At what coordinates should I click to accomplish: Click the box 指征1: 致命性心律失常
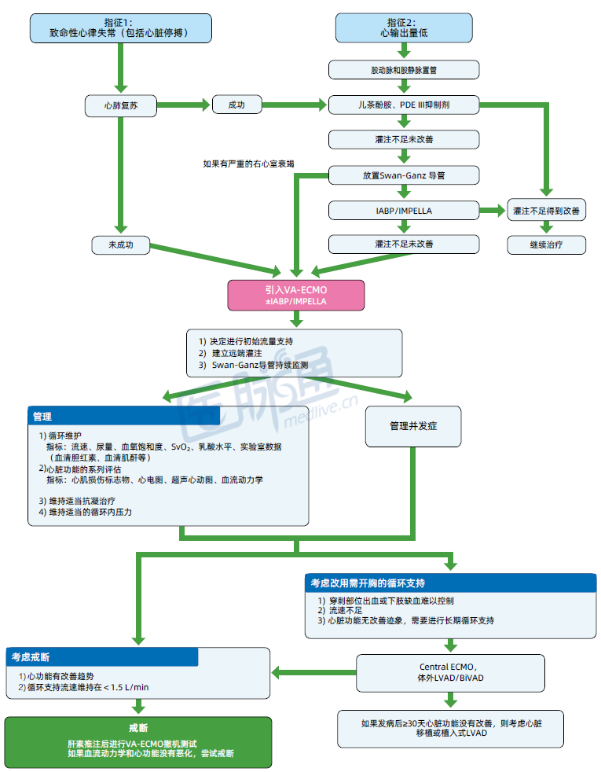tap(121, 28)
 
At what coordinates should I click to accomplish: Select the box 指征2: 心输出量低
tap(404, 28)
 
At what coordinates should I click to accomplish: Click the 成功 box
tap(236, 105)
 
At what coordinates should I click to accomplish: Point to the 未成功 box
tap(121, 244)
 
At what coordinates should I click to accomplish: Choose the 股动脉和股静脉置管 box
tap(404, 70)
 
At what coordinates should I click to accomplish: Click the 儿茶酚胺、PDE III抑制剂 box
tap(404, 105)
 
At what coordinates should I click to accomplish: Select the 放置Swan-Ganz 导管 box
tap(404, 175)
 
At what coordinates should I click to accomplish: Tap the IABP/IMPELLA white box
tap(404, 210)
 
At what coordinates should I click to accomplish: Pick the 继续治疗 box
tap(546, 244)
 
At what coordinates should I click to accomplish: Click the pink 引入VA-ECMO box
tap(296, 295)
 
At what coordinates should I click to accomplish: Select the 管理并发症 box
tap(413, 426)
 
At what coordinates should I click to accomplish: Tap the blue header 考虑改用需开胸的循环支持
tap(450, 583)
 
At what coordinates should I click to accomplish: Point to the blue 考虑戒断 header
tap(102, 657)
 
